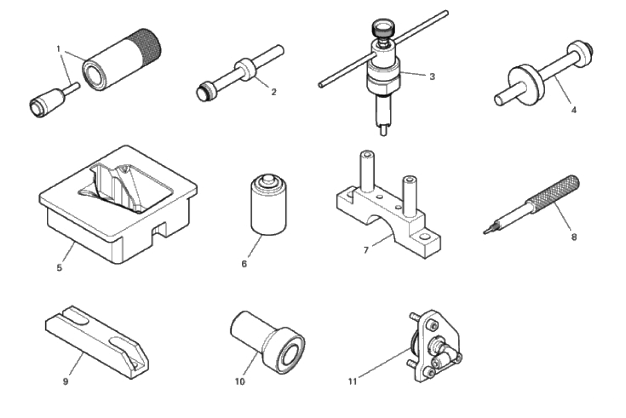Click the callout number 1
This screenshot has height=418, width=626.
pos(58,49)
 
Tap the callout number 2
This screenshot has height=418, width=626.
pos(273,92)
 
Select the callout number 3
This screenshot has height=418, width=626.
pos(432,76)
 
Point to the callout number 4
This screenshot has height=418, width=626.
pos(573,110)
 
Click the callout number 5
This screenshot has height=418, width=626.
pos(59,268)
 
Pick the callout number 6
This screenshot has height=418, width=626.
pos(244,264)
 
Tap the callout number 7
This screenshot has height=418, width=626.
pos(366,250)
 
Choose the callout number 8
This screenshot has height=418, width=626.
pos(573,237)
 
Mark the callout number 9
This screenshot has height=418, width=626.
pos(66,382)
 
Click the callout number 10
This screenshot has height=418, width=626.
pos(240,382)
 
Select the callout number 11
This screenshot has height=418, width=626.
pos(352,382)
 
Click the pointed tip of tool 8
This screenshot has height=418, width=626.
pos(485,232)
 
